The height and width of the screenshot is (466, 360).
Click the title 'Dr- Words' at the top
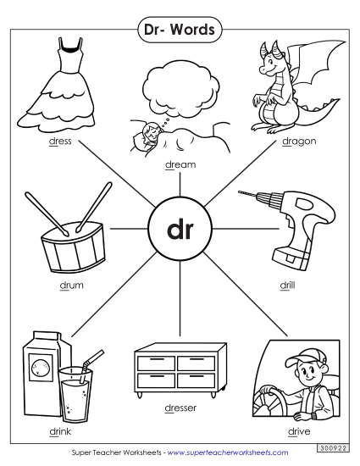click(180, 30)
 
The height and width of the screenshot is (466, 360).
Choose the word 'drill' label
click(288, 286)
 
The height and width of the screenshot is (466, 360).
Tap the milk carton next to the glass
click(39, 369)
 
